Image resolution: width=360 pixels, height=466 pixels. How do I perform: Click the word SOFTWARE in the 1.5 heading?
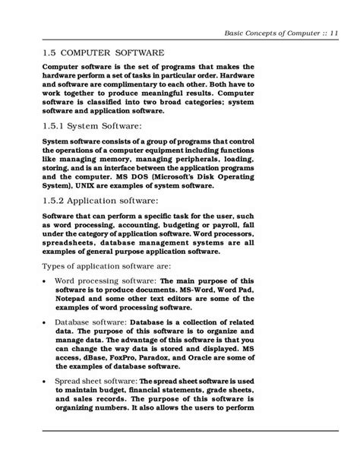pyautogui.click(x=135, y=53)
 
